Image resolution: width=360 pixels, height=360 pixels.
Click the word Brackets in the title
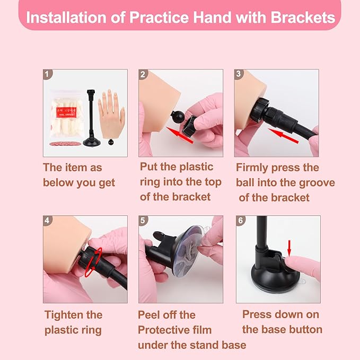pos(303,17)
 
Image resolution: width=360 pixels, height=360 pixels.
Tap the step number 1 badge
pos(48,74)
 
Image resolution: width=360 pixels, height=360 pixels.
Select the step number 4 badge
pos(48,221)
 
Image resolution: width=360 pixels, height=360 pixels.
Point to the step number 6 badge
pos(240,221)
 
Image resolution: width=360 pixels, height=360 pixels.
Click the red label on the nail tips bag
pos(66,112)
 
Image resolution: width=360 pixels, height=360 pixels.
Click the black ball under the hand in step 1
pos(111,142)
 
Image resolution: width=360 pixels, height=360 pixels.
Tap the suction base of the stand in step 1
pos(92,143)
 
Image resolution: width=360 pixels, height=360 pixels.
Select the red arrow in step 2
pos(180,135)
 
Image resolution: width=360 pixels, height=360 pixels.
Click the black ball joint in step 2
pos(178,117)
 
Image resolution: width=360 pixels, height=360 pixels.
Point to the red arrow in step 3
pos(283,136)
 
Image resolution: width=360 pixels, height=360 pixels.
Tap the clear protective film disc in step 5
pos(187,251)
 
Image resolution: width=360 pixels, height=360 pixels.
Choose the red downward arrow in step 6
pos(289,248)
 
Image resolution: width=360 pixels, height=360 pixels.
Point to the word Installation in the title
pos(66,17)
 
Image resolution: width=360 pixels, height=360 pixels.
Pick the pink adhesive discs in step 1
pos(65,144)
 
